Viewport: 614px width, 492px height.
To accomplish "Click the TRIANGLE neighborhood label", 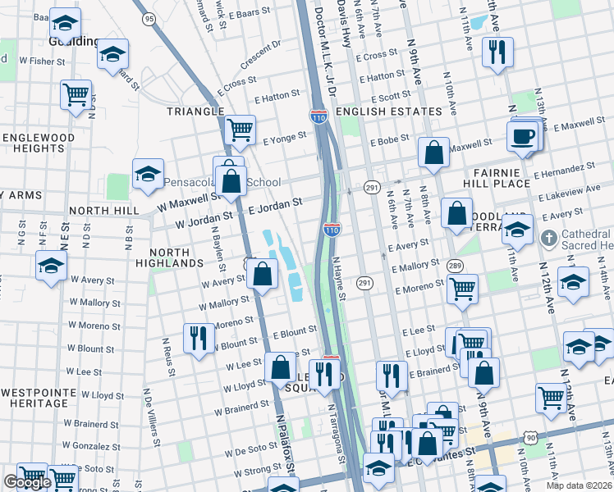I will point(195,111).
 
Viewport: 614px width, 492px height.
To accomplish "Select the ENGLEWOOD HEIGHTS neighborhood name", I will point(38,143).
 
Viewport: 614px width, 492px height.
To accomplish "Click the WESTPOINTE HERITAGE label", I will point(34,397).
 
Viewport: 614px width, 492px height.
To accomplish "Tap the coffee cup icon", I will point(522,136).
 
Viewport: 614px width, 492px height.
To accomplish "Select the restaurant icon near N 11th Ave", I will point(497,52).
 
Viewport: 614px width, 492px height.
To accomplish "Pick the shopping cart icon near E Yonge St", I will point(240,129).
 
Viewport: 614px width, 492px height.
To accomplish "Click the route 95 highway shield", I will point(148,18).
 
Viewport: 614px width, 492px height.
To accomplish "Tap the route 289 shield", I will point(454,266).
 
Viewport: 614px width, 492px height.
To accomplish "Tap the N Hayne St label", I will point(339,278).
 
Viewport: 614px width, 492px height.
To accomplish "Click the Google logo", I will point(27,482).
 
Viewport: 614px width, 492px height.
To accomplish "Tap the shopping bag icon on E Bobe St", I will point(433,153).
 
